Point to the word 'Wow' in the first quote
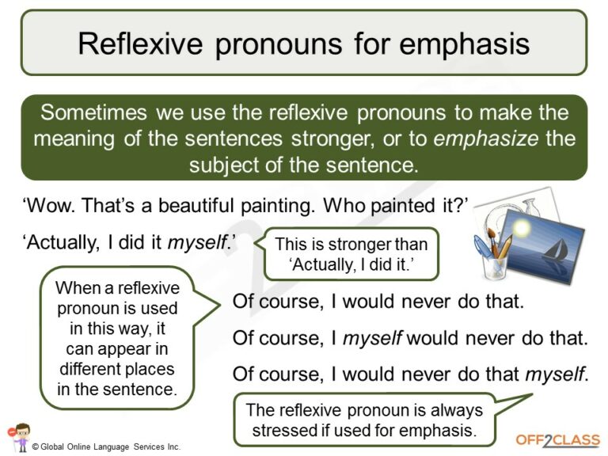pos(50,208)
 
